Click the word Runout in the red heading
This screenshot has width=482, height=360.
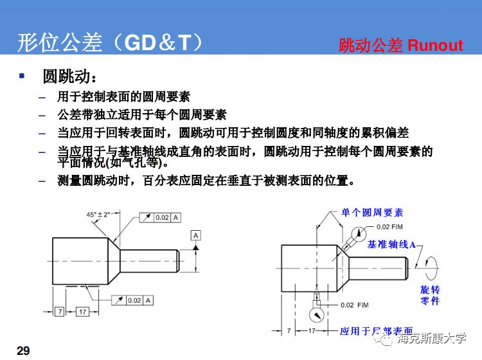coord(435,45)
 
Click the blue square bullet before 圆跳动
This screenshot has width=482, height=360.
coord(21,76)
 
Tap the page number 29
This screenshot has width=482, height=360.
coord(23,350)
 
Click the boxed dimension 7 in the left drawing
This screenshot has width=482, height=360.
coord(59,311)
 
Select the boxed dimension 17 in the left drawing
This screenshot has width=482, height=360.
coord(82,311)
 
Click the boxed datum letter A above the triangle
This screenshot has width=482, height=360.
coord(195,235)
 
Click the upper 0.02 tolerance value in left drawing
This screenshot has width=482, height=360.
coord(162,218)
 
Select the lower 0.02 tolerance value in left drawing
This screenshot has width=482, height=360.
coord(134,300)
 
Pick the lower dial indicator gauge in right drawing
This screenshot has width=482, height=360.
coord(316,315)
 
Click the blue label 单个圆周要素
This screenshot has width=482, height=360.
coord(372,213)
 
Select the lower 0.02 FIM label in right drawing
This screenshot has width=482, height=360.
coord(354,304)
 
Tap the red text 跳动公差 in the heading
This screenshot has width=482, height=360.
coord(371,45)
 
